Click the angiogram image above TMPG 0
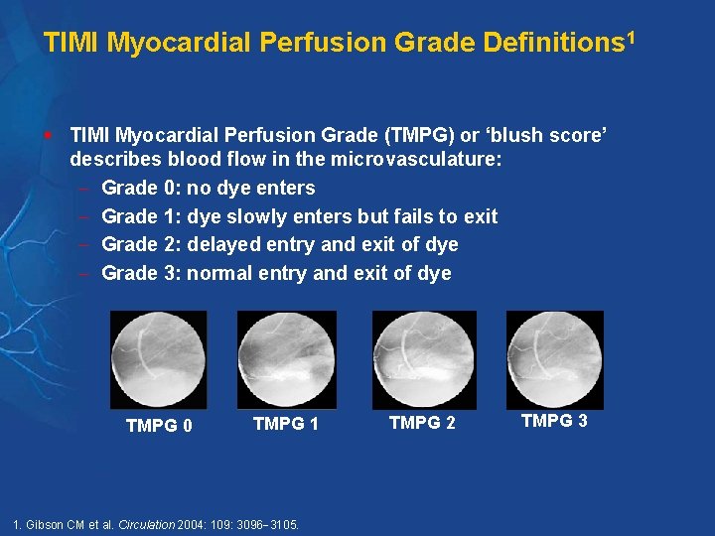pyautogui.click(x=158, y=359)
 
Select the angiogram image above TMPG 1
pyautogui.click(x=286, y=359)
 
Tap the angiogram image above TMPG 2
pyautogui.click(x=423, y=359)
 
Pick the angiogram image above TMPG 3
pyautogui.click(x=554, y=359)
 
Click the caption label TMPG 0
pyautogui.click(x=159, y=427)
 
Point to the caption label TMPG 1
pyautogui.click(x=286, y=424)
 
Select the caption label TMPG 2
pyautogui.click(x=422, y=424)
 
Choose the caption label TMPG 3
pyautogui.click(x=554, y=421)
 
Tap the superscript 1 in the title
pyautogui.click(x=631, y=37)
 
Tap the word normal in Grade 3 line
pyautogui.click(x=219, y=273)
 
